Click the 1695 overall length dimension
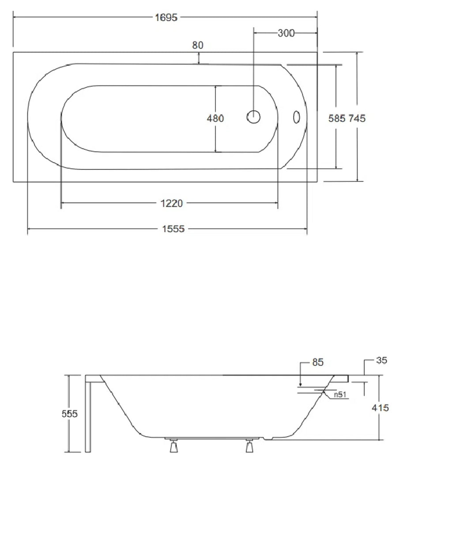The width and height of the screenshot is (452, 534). pos(166,18)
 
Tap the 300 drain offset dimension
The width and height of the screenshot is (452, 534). pos(286,33)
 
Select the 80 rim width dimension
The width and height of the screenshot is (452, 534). pos(198,45)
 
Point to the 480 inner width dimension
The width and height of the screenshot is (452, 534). pos(215,118)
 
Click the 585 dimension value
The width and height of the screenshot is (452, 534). pos(336,118)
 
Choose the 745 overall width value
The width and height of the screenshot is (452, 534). pos(357,118)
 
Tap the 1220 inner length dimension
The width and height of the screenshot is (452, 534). pos(172,203)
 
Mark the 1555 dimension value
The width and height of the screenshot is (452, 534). pos(173,229)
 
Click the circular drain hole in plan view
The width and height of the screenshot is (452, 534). pos(253,117)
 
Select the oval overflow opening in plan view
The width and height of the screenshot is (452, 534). pos(297,117)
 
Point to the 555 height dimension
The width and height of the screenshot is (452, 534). pos(69,414)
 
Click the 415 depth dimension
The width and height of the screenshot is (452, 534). pos(380,408)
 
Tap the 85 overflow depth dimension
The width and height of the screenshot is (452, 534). pos(318,362)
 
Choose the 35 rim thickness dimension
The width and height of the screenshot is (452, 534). pos(382,360)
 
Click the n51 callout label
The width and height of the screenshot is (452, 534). pos(340,395)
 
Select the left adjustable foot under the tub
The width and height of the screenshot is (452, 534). pos(173,446)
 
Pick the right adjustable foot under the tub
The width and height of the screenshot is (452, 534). pos(249,446)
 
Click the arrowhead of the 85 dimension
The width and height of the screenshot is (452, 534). pos(300,385)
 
